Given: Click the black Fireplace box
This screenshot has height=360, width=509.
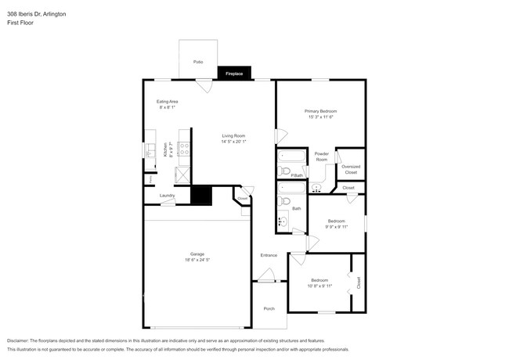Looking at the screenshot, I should tap(234, 73).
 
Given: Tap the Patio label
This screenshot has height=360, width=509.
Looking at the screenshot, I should tap(198, 61).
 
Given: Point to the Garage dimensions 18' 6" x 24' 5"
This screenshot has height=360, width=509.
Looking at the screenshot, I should tap(197, 259).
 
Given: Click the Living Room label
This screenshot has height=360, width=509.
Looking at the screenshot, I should tap(233, 136).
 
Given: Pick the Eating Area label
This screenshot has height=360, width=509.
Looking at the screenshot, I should tap(168, 102).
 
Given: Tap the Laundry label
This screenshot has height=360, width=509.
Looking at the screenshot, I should tap(167, 196).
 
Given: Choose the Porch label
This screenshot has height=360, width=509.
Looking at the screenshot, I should tap(269, 308).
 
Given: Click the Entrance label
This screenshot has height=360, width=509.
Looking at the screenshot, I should tap(269, 255).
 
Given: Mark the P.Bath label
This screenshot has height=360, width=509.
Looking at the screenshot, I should tap(297, 175).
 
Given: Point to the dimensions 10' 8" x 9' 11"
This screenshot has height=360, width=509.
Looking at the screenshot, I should tap(319, 286).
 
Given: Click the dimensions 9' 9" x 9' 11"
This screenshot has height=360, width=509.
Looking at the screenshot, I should tap(337, 226).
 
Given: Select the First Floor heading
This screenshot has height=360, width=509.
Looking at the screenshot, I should tap(20, 23).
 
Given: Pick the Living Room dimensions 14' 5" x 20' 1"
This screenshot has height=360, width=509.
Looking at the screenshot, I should tap(233, 142).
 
